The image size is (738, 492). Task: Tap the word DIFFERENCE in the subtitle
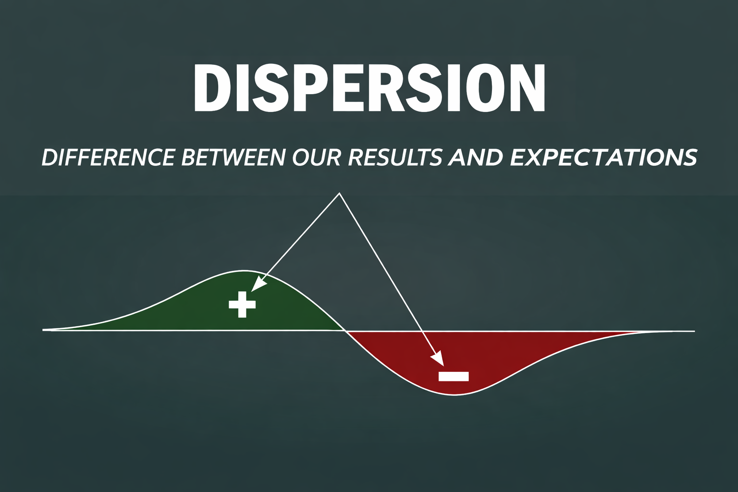(x=108, y=158)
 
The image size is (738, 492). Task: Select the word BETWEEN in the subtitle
(x=233, y=158)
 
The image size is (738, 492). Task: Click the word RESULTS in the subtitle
(x=395, y=158)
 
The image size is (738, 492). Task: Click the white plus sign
(x=242, y=304)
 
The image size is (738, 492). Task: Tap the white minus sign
(x=454, y=376)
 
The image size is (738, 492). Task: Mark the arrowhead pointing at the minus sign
(x=438, y=358)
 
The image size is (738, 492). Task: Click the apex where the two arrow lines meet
(x=339, y=194)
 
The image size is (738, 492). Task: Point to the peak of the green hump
(x=244, y=271)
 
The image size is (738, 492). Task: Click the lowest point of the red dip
(x=455, y=395)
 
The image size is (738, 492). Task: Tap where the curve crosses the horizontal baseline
(x=344, y=330)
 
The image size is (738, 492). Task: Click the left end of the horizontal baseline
(x=43, y=330)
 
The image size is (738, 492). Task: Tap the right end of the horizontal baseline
(x=694, y=331)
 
